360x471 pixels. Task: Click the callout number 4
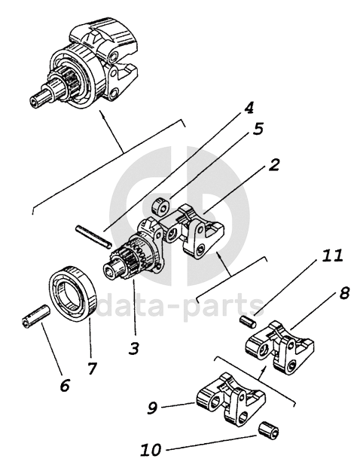249,108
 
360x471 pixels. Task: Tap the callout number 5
258,129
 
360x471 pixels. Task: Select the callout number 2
273,165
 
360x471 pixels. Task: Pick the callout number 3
133,348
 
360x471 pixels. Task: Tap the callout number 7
91,369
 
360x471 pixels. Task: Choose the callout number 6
65,385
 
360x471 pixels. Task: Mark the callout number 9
152,408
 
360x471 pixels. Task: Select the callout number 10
151,450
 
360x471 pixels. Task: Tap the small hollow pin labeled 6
35,317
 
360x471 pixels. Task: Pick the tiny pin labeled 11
248,322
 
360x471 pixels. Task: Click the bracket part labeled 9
230,399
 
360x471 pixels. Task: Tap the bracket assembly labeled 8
280,347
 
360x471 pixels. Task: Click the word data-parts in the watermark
179,305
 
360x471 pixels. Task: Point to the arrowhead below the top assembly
102,114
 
